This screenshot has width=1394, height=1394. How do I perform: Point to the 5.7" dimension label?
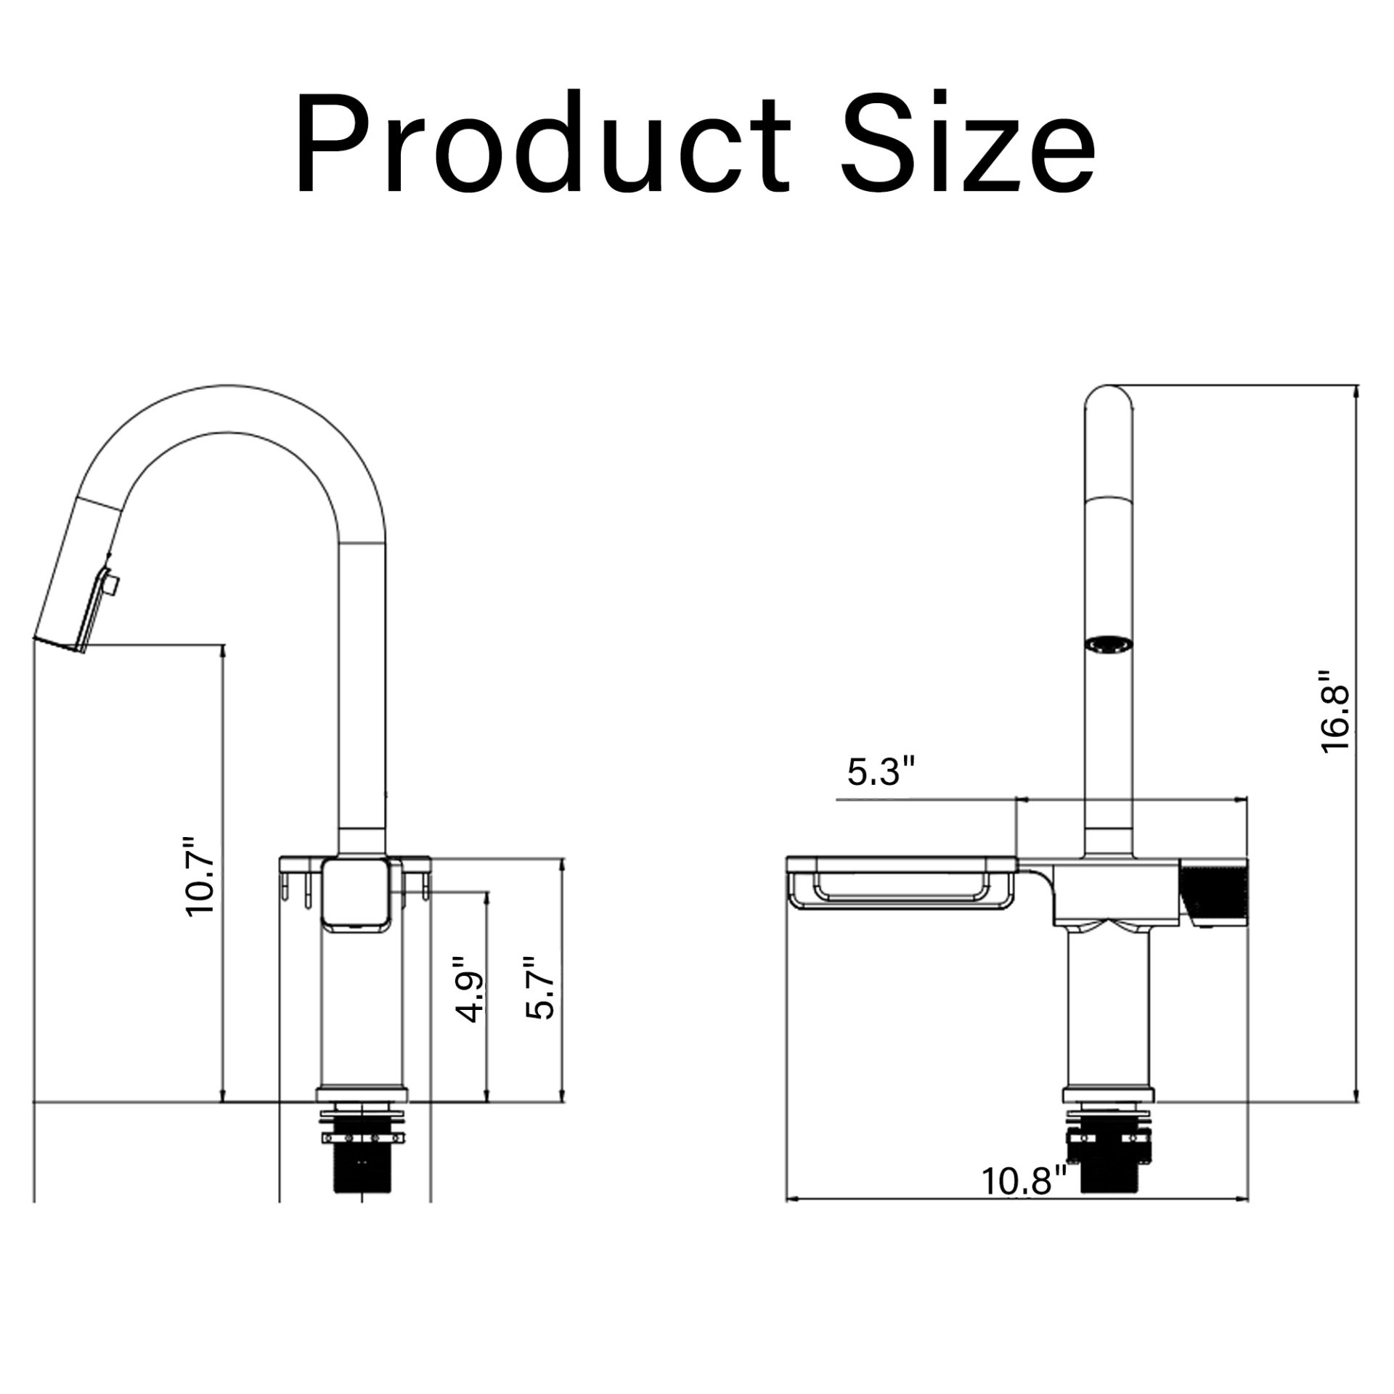[541, 987]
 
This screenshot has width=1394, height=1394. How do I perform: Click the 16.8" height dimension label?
[1334, 712]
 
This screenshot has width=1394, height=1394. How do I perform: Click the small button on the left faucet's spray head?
[112, 583]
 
